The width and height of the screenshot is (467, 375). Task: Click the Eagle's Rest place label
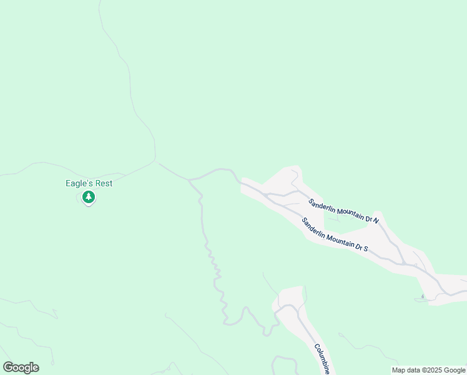[88, 183]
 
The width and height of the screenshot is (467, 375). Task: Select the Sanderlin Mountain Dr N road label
[344, 210]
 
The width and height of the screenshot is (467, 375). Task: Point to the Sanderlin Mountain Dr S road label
[335, 235]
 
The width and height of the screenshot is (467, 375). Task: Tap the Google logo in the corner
[21, 367]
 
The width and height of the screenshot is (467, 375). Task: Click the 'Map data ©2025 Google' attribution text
[429, 370]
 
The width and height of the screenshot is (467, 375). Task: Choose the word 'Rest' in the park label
[102, 183]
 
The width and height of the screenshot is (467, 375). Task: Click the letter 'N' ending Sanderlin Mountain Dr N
[376, 221]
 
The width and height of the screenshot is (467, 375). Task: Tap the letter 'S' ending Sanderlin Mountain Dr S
[366, 249]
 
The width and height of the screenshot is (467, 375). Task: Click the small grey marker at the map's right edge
[423, 296]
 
